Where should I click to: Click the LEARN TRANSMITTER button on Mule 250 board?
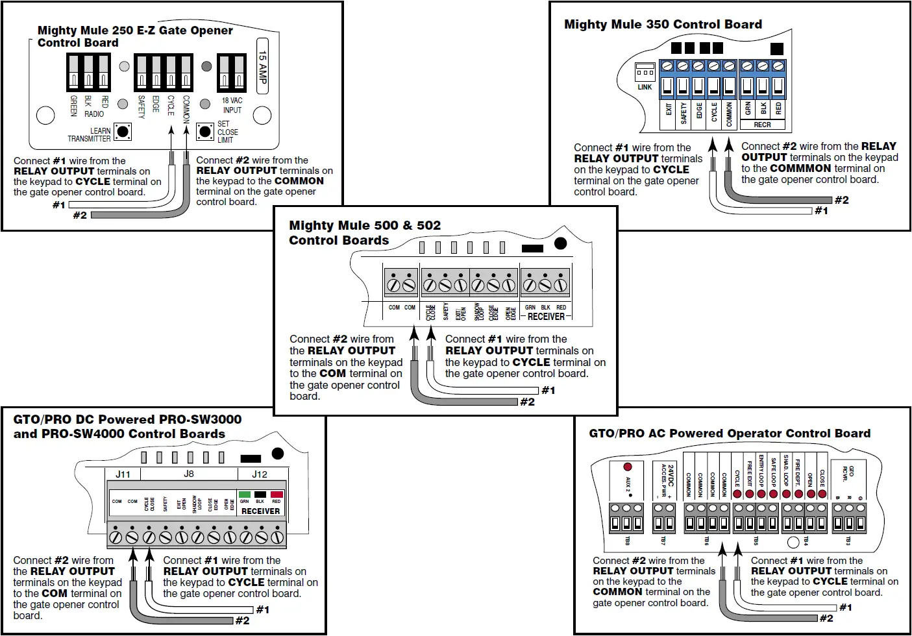(x=122, y=132)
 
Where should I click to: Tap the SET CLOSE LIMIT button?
(x=204, y=132)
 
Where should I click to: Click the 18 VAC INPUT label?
(x=232, y=105)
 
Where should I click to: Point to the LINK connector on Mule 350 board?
(x=645, y=71)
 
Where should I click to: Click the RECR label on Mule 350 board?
(x=762, y=125)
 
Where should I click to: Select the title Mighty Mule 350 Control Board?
(x=663, y=25)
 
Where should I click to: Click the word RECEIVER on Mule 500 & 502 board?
(x=546, y=317)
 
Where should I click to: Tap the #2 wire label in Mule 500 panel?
(x=528, y=402)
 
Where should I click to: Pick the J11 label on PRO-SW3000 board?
(x=123, y=474)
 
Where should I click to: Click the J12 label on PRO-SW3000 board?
(x=260, y=474)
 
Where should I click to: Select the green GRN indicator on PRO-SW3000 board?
(x=245, y=495)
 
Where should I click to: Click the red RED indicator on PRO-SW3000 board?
(x=277, y=495)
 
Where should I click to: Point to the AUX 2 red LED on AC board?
(x=628, y=467)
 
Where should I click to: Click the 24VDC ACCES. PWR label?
(x=667, y=480)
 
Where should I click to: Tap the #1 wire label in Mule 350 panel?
(x=821, y=211)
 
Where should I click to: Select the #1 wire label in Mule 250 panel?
(x=59, y=205)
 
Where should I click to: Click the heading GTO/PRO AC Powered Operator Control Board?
(x=730, y=434)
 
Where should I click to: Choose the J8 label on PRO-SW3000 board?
(x=189, y=474)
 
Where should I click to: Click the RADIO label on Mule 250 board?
(x=94, y=114)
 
